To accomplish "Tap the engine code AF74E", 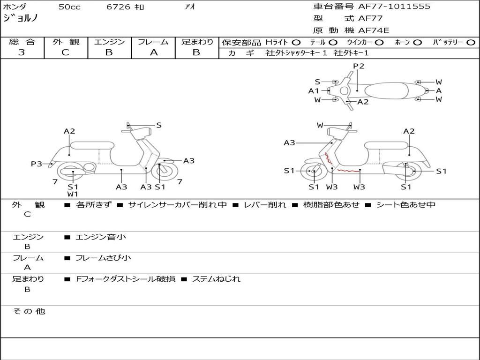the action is [374, 30].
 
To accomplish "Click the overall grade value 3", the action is [22, 52].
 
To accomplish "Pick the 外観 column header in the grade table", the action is [66, 42].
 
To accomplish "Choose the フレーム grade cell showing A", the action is [153, 52].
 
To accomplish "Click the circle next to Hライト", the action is [296, 42].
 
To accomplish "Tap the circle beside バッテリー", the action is [471, 42].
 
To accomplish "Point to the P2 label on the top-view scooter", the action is [359, 66].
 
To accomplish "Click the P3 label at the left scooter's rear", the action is [37, 164].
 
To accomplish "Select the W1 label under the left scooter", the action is [73, 194].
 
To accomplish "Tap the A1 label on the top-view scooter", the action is [314, 91].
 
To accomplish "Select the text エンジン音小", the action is [101, 237].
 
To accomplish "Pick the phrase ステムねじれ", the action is [216, 279].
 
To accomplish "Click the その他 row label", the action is [29, 311].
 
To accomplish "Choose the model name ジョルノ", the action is [21, 19].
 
